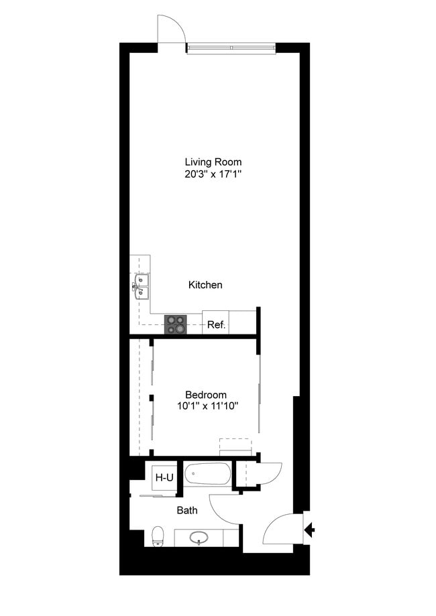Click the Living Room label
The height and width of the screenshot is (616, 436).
(x=213, y=162)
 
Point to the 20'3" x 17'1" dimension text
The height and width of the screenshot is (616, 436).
(x=213, y=174)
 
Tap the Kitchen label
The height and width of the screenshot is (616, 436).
(x=205, y=285)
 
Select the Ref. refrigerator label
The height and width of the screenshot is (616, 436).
(x=216, y=325)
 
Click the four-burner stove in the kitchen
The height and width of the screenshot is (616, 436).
(x=178, y=324)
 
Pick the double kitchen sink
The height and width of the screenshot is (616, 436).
(x=141, y=286)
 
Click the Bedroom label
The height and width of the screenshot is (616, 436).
(x=206, y=395)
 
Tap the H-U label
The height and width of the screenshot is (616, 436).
(x=164, y=478)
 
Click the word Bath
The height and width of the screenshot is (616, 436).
(x=187, y=511)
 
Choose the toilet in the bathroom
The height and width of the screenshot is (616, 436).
(x=158, y=536)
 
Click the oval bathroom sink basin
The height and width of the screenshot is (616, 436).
(x=200, y=538)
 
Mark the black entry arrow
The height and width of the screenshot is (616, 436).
(x=309, y=532)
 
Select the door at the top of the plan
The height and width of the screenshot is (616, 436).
(x=170, y=30)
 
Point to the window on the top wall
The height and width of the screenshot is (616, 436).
(x=231, y=48)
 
